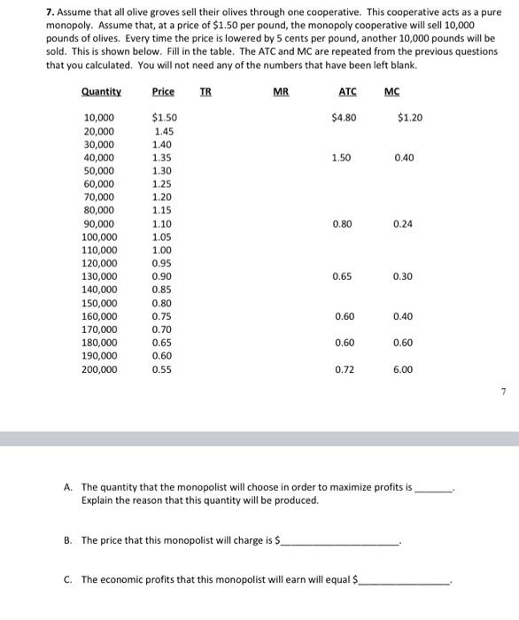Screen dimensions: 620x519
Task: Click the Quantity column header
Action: [101, 91]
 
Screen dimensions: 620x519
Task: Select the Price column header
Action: [163, 91]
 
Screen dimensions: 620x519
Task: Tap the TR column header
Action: [205, 91]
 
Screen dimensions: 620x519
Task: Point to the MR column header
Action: [280, 91]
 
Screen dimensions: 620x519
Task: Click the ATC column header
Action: [347, 91]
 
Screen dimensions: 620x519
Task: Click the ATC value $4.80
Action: [344, 117]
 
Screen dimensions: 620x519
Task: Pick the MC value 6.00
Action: [402, 369]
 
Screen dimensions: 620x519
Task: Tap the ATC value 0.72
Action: [344, 369]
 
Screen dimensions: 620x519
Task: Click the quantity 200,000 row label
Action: [98, 369]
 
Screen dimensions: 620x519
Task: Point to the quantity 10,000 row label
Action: [98, 118]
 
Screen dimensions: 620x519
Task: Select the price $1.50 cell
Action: [164, 118]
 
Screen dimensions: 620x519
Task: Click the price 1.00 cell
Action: [161, 250]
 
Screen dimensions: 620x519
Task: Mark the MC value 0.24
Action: [402, 223]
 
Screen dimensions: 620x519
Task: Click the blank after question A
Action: [434, 488]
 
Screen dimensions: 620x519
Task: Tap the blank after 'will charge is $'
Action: [341, 541]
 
